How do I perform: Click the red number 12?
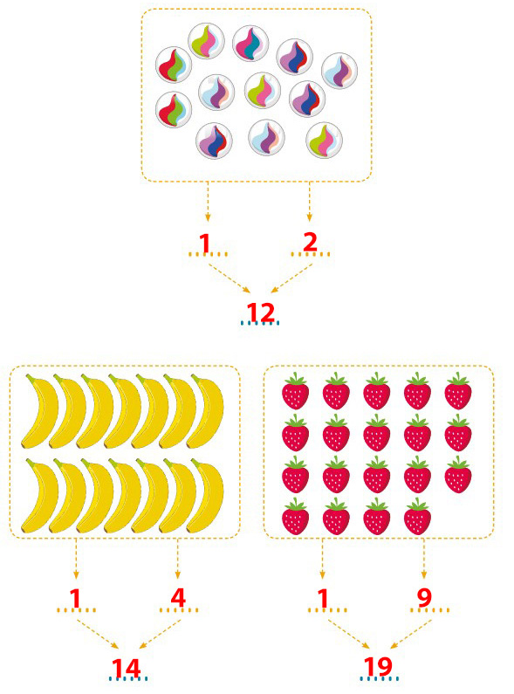[x=261, y=313]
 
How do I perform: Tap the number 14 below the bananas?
[x=126, y=669]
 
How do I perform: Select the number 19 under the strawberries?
[x=378, y=667]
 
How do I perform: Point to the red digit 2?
[x=310, y=243]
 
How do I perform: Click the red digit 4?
[x=178, y=598]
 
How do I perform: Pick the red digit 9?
[x=424, y=598]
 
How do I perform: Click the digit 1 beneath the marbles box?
[x=204, y=244]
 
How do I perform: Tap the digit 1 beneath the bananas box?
[x=76, y=599]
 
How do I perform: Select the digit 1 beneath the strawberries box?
[x=324, y=599]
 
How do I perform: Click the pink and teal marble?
[x=250, y=44]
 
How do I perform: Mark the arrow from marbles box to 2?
[x=309, y=202]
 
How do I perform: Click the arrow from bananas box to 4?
[x=178, y=559]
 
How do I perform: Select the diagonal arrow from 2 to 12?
[x=291, y=278]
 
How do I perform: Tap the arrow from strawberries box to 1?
[x=322, y=559]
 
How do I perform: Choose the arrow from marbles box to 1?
[x=208, y=202]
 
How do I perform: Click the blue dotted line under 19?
[x=379, y=678]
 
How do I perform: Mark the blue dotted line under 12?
[x=260, y=323]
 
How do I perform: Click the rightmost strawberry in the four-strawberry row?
[x=417, y=516]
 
